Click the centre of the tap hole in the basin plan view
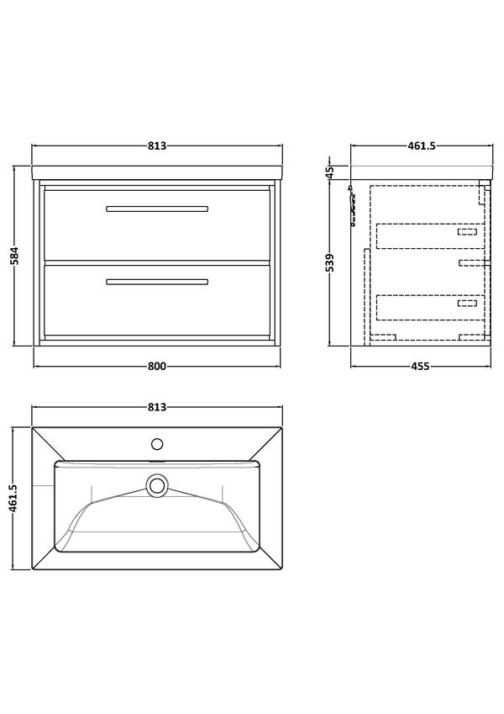[x=157, y=443]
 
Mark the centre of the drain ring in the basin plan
[x=157, y=485]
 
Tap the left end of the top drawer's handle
[x=107, y=209]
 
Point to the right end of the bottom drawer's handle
[x=208, y=283]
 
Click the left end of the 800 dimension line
[x=34, y=366]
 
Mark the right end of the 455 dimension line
[x=492, y=366]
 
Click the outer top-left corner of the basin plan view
[x=32, y=427]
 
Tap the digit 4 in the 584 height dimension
[x=14, y=250]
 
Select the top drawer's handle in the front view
[x=157, y=209]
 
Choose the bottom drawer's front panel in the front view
[x=157, y=299]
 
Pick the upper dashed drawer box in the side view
[x=431, y=235]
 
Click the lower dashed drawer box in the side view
[x=431, y=308]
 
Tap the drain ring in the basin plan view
[x=157, y=485]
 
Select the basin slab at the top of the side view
[x=422, y=173]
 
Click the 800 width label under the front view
[x=157, y=366]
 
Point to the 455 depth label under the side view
[x=420, y=366]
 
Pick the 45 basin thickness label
[x=330, y=172]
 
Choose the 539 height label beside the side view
[x=330, y=263]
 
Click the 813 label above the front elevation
[x=157, y=146]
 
